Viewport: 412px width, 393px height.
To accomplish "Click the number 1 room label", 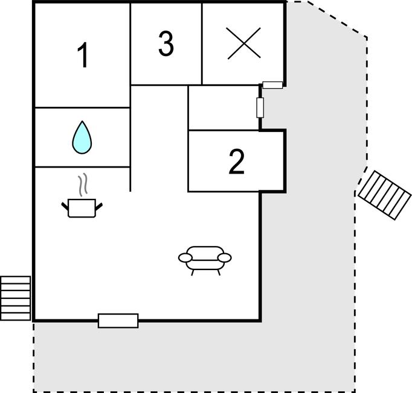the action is click(83, 55).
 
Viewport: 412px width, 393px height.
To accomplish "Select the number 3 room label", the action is click(166, 43).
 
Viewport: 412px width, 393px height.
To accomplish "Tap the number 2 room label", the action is click(237, 162).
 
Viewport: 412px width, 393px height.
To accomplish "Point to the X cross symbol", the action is click(244, 43).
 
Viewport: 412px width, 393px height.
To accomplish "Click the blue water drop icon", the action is click(82, 137).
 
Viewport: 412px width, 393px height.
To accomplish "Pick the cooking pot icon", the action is click(82, 208).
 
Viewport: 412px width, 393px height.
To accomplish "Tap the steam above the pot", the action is click(83, 184).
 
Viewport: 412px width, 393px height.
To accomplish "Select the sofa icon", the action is click(205, 260).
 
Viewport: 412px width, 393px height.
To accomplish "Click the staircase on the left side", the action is click(16, 298).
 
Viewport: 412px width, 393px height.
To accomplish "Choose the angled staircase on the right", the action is click(384, 195).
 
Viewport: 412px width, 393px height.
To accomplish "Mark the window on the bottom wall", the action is click(118, 321).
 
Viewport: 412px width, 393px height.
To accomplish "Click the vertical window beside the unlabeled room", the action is click(260, 107).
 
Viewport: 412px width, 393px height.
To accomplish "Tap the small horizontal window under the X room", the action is click(272, 85).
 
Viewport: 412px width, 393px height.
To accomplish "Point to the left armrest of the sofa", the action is click(185, 258).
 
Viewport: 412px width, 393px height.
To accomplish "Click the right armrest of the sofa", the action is click(225, 258).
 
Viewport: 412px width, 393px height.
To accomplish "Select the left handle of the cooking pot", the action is click(65, 206).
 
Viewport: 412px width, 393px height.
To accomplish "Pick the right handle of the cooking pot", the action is click(99, 207).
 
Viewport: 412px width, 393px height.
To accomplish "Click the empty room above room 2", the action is click(224, 107).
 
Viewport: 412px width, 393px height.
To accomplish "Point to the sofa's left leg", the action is click(193, 272).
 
